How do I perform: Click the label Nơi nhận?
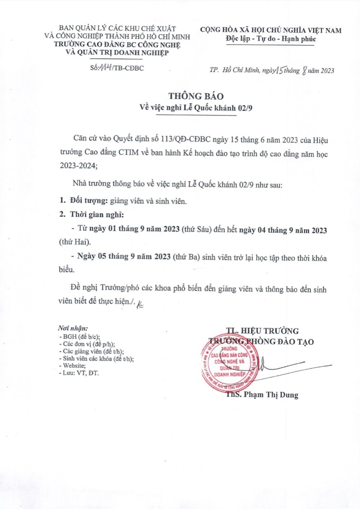(72, 328)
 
